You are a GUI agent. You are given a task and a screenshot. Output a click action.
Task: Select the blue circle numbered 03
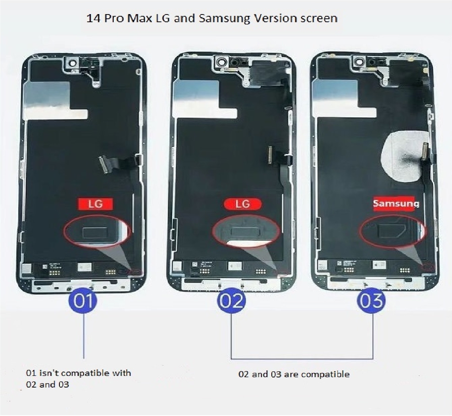click(371, 300)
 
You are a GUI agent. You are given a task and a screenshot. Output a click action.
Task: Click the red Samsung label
click(395, 203)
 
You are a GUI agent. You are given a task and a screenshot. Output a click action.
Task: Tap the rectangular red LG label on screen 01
click(95, 204)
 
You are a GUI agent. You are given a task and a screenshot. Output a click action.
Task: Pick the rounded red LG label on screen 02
click(242, 204)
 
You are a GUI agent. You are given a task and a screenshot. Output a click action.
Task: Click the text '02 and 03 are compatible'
click(294, 374)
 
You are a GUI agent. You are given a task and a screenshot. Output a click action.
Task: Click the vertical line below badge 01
click(84, 335)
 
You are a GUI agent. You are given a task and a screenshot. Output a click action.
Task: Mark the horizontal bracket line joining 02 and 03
click(302, 359)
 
